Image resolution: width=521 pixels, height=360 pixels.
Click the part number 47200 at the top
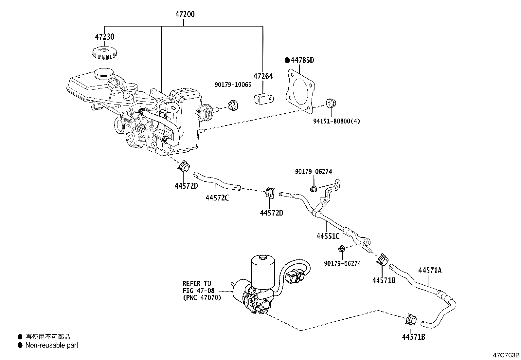point(185,14)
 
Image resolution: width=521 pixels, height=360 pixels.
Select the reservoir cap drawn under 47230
point(104,53)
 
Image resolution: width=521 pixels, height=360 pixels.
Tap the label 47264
point(263,76)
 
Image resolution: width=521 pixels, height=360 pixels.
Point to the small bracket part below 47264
point(263,99)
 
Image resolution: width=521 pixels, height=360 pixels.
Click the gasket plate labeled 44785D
point(300,91)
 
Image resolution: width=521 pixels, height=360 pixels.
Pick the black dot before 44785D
point(287,61)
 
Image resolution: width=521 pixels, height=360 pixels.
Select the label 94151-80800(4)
point(336,121)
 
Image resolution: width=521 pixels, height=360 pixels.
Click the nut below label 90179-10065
point(233,105)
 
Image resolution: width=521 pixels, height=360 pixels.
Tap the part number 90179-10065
point(233,85)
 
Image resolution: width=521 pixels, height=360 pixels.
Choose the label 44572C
point(217,198)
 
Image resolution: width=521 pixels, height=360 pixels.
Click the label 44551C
point(328,237)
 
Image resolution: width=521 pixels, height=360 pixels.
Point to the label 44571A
point(430,270)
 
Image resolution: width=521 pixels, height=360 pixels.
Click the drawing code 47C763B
point(506,355)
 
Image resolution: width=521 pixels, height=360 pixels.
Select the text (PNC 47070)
point(202,297)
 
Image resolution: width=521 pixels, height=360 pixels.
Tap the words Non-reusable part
point(52,345)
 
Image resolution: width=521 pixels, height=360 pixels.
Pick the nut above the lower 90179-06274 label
point(342,249)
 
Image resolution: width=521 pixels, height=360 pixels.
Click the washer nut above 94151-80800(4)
point(331,103)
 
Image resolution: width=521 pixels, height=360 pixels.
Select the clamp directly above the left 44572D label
point(184,166)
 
